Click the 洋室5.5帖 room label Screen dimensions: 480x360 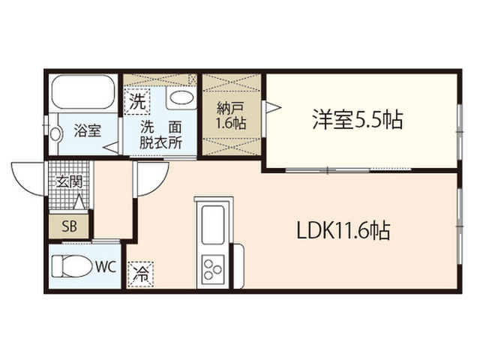(358, 119)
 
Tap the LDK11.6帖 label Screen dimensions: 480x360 (343, 230)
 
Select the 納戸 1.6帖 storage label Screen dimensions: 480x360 (231, 115)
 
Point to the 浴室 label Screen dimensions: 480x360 (88, 130)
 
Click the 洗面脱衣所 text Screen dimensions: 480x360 (161, 135)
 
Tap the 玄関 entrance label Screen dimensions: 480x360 (70, 181)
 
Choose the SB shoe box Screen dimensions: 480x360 (70, 226)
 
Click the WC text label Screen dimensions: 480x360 (106, 267)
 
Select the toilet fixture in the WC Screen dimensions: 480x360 (72, 266)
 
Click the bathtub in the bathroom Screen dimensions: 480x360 (83, 91)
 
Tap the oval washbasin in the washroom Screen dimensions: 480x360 (181, 98)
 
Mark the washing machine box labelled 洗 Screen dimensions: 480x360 (137, 102)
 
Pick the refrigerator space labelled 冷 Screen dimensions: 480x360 (140, 274)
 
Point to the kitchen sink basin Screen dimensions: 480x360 (213, 225)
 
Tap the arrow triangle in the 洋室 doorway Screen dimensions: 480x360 (273, 107)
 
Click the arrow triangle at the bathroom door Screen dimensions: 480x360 (111, 148)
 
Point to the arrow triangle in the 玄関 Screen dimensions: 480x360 (79, 202)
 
